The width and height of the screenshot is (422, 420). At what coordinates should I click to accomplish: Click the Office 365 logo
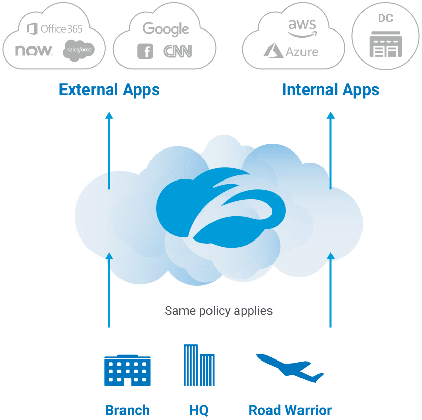pyautogui.click(x=54, y=28)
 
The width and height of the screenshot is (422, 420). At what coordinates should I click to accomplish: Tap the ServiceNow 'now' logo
pyautogui.click(x=34, y=50)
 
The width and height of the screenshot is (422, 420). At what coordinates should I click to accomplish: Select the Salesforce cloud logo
pyautogui.click(x=78, y=50)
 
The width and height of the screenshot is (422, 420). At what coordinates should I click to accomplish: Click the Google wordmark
pyautogui.click(x=166, y=29)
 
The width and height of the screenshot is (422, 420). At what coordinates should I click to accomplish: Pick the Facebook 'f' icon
pyautogui.click(x=145, y=51)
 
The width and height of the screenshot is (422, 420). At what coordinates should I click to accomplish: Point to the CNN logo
pyautogui.click(x=177, y=51)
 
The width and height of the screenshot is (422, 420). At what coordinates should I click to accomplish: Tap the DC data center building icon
pyautogui.click(x=385, y=44)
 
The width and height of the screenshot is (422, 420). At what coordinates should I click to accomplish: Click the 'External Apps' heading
pyautogui.click(x=109, y=90)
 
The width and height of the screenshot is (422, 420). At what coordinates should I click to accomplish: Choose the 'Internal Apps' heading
pyautogui.click(x=330, y=90)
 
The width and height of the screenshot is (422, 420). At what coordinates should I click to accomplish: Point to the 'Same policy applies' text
pyautogui.click(x=219, y=310)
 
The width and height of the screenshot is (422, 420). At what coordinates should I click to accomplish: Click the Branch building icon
pyautogui.click(x=128, y=371)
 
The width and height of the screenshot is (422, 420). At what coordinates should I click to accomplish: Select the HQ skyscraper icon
pyautogui.click(x=199, y=366)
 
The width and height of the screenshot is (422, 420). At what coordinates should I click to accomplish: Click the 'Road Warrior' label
pyautogui.click(x=290, y=410)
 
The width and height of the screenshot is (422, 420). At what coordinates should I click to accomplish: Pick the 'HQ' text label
pyautogui.click(x=199, y=410)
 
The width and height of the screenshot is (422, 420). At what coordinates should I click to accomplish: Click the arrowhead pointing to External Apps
pyautogui.click(x=109, y=115)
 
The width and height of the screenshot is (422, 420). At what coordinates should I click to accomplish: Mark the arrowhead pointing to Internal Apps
pyautogui.click(x=331, y=115)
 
